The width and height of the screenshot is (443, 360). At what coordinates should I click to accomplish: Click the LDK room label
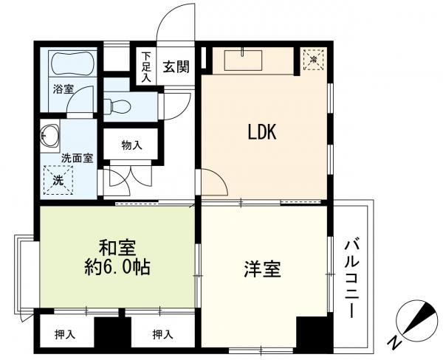pos(261,132)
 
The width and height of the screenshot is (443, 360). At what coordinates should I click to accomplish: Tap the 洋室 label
pos(263,269)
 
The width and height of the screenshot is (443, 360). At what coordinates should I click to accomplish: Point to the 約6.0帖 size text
pos(118,267)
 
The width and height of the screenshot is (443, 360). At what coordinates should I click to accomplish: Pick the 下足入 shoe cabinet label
pos(146,66)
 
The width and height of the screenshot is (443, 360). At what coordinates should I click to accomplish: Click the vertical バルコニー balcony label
pos(353,277)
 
